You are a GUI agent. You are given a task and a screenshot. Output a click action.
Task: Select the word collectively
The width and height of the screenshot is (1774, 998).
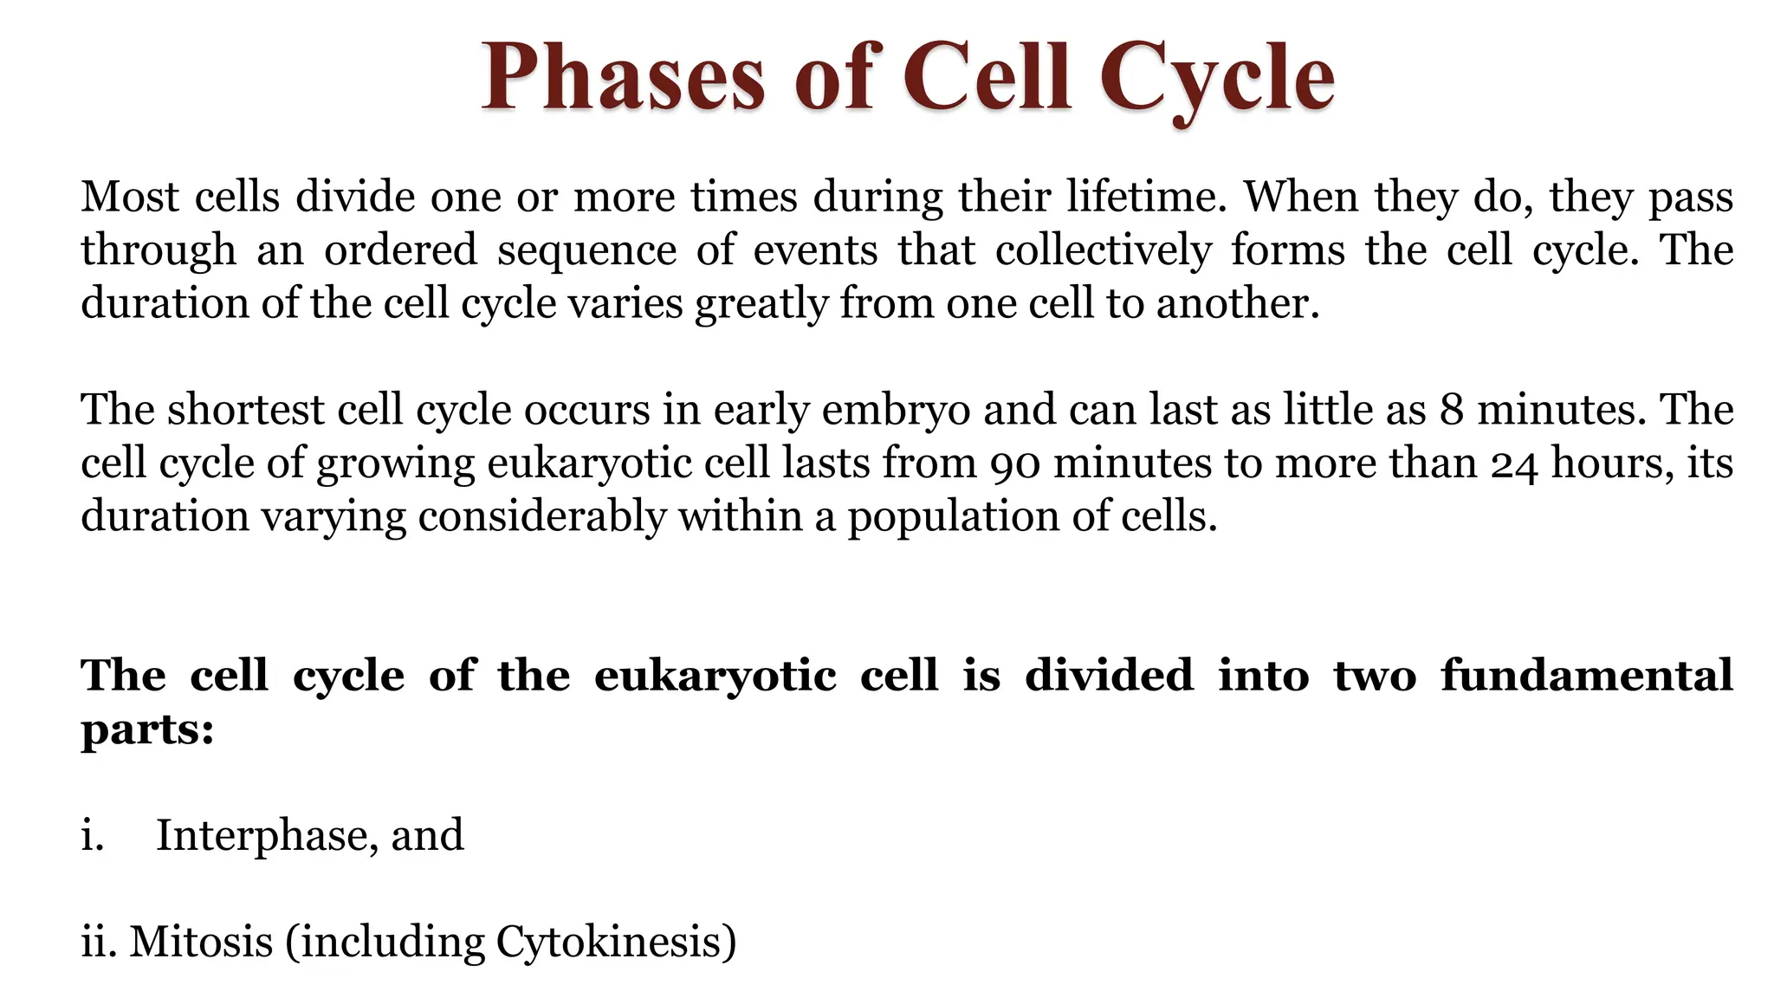coord(1103,250)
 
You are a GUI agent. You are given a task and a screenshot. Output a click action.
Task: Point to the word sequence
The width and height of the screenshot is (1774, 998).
coord(586,250)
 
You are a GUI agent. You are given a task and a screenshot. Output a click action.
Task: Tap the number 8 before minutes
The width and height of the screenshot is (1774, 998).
coord(1452,410)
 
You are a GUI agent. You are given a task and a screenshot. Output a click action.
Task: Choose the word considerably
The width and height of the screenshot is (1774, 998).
coord(541,517)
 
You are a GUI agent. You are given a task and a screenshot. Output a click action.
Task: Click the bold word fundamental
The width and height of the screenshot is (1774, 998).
coord(1586,675)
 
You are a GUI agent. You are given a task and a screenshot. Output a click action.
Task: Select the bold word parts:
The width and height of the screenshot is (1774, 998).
coord(147,729)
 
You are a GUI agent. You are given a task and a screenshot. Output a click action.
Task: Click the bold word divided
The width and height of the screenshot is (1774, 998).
coord(1109,675)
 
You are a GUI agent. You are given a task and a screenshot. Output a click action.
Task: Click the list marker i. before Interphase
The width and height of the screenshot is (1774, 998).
coord(92,836)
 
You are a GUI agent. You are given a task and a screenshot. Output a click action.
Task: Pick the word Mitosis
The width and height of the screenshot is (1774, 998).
coord(201,942)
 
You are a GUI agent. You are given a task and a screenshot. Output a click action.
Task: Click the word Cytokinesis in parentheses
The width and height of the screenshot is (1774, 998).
coord(608,942)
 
